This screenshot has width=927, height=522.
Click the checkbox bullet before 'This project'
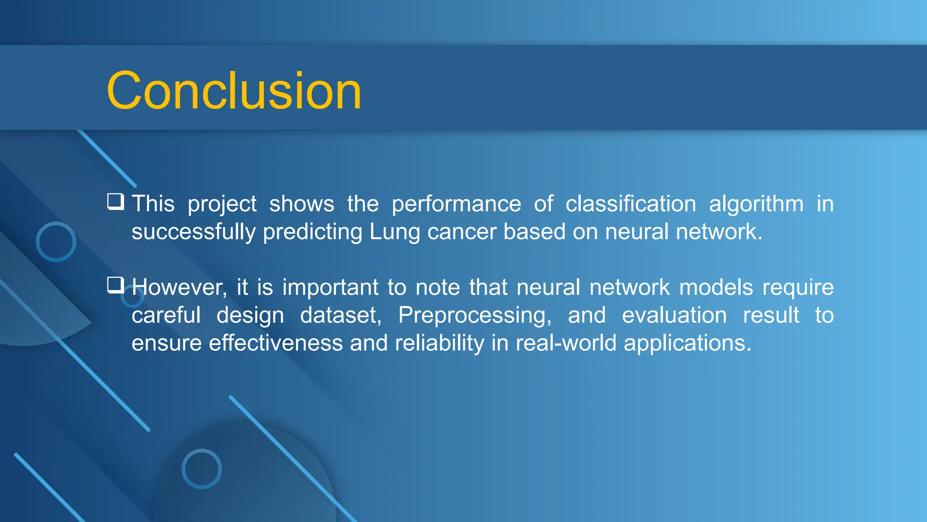coord(115,202)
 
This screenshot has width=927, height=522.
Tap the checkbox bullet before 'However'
coord(115,285)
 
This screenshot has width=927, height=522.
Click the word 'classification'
coord(631,204)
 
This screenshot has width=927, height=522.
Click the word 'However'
coord(179,288)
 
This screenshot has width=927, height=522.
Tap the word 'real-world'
coord(566,343)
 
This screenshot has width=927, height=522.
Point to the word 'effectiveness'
coord(276,343)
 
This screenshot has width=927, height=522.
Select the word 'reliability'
coord(440,343)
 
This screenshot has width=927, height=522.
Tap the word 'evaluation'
coord(674,315)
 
